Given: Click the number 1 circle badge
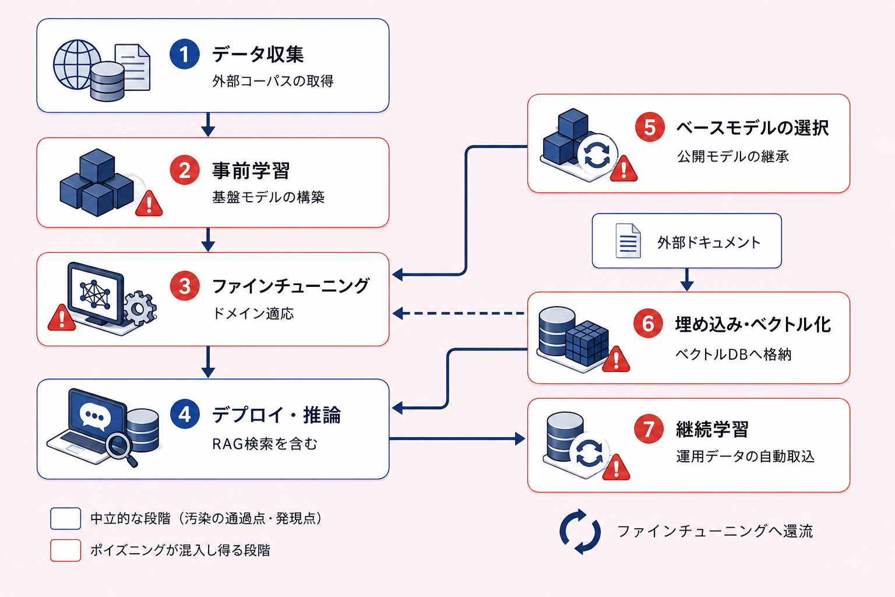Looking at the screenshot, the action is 185,54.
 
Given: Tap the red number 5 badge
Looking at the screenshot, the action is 650,127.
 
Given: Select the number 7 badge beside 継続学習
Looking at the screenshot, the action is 649,429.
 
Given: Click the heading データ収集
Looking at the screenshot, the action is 258,54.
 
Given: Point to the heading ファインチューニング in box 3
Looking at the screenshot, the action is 291,286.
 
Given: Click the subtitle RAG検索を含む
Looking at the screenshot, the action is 265,444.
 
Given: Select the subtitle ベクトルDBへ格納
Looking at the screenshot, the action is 733,354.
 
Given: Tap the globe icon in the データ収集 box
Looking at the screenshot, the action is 77,64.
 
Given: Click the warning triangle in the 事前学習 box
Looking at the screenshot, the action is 149,203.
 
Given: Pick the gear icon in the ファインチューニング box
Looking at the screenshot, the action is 139,308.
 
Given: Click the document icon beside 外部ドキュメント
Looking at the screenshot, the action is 628,241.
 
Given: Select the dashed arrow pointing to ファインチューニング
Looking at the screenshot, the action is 459,314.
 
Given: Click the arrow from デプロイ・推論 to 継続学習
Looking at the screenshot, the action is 457,438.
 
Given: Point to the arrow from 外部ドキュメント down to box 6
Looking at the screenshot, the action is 687,279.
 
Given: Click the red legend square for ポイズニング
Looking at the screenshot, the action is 65,550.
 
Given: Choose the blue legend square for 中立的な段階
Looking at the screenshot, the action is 65,518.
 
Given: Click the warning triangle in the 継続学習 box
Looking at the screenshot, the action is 616,467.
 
